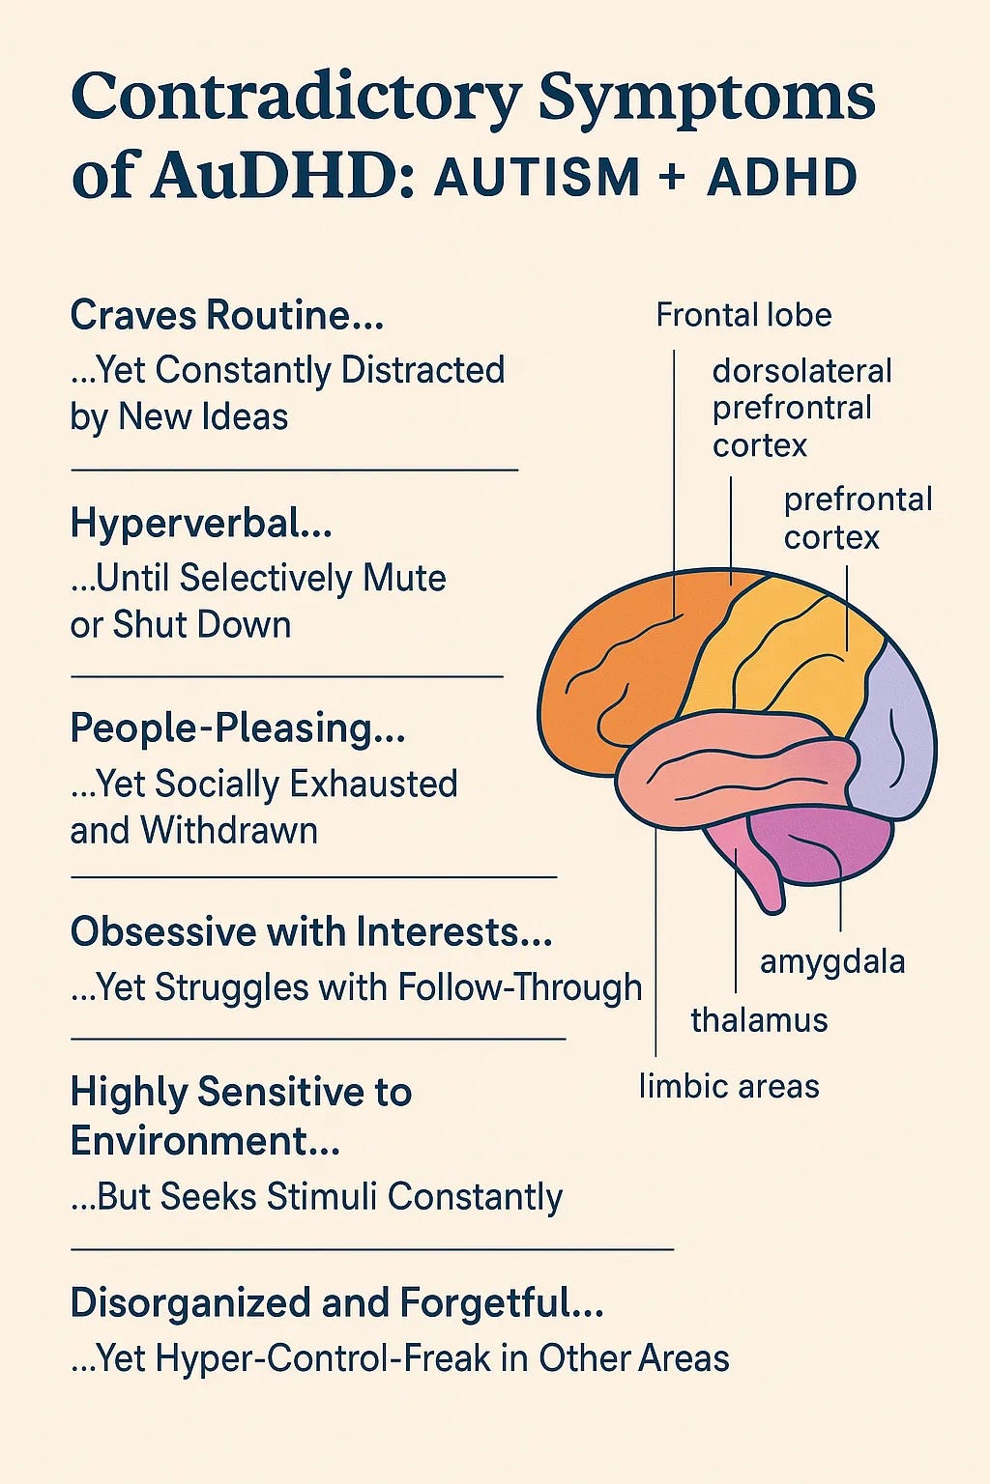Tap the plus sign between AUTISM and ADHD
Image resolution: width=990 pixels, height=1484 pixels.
tap(675, 179)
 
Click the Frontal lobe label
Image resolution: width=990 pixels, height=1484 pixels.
tap(743, 315)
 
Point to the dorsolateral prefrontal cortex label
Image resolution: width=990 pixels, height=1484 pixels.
tap(801, 408)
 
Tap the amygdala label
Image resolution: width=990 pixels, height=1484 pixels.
tap(832, 962)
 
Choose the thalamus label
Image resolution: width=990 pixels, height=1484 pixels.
tap(759, 1020)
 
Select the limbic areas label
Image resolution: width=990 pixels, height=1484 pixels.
tap(729, 1086)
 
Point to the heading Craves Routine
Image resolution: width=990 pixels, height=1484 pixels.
tap(227, 316)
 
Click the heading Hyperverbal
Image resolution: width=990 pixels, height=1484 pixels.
tap(201, 524)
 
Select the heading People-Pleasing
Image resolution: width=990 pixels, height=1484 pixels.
tap(238, 728)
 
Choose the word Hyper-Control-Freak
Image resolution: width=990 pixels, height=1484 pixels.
tap(323, 1358)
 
